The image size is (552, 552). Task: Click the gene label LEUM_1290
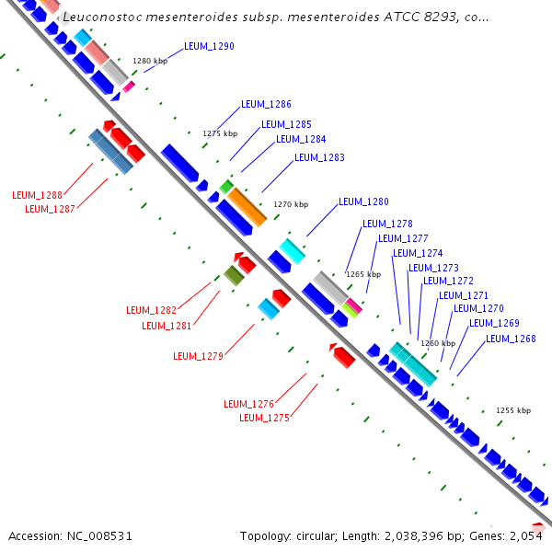point(209,46)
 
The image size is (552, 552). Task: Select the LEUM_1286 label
point(266,105)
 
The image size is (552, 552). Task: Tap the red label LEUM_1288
point(37,195)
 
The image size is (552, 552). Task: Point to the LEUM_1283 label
point(319,158)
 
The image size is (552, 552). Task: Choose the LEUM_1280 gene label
point(363,202)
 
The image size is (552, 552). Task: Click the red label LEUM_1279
point(198,357)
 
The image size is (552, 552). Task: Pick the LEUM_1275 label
point(264,418)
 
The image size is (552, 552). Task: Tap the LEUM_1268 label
point(511,339)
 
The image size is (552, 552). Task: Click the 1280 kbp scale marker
point(150,62)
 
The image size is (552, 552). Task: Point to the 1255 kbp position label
point(513,410)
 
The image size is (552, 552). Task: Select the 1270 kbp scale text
point(291,204)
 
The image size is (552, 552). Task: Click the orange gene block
point(247,206)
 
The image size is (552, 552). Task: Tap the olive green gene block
point(234,274)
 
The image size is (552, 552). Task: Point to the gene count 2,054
point(530,535)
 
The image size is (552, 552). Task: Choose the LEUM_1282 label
point(151,310)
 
